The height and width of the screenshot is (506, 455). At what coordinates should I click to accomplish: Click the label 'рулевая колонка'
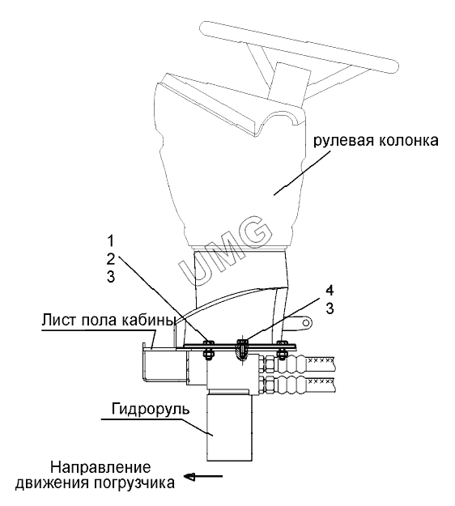(376, 141)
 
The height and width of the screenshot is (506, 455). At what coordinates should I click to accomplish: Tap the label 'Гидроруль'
(151, 409)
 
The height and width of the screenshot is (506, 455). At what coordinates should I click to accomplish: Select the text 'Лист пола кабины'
(108, 321)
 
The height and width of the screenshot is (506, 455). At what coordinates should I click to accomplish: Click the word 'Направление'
(100, 467)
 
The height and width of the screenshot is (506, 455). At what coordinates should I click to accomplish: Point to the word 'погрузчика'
(134, 483)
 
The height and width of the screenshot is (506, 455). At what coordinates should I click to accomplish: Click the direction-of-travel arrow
(203, 476)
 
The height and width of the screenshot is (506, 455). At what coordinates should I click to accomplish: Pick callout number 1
(111, 240)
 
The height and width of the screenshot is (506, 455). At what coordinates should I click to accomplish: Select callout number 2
(111, 259)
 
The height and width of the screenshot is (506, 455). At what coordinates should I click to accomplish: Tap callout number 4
(330, 291)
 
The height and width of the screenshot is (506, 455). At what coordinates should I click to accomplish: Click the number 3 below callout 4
(330, 308)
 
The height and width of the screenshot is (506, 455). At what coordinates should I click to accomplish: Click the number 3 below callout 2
(111, 277)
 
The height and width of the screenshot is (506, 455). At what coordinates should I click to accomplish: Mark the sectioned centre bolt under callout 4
(242, 350)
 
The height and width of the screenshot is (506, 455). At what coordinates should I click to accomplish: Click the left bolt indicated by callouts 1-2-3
(208, 349)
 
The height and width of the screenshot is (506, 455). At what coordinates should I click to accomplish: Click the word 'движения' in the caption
(53, 483)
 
